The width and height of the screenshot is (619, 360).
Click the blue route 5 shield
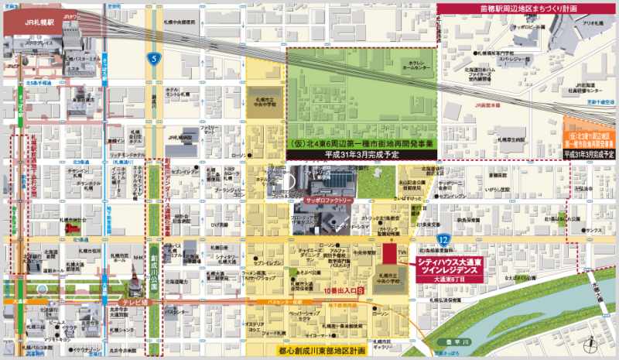tap(154, 57)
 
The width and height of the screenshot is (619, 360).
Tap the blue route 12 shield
tap(441, 242)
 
